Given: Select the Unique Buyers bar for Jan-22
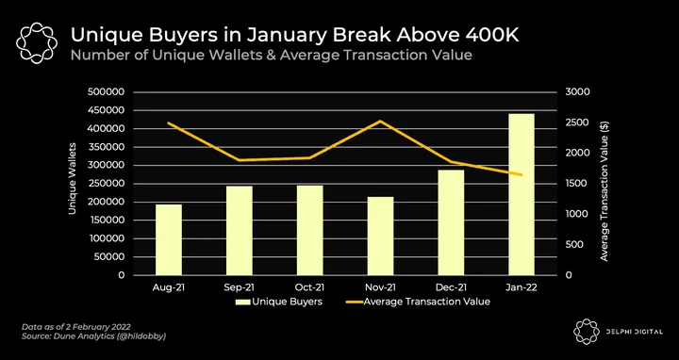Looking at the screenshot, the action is (522, 194).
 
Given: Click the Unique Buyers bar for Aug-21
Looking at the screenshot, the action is (169, 239).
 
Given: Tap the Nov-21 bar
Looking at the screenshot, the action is (381, 236).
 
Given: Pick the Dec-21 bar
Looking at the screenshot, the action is (451, 222).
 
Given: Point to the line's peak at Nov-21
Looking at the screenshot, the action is (380, 122).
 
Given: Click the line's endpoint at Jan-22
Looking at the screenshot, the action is (522, 174).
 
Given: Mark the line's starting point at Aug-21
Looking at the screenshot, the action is (169, 123).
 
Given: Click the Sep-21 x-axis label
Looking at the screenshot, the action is (239, 287).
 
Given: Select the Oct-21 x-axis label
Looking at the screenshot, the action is (309, 287).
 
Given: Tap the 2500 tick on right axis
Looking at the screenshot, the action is (576, 123).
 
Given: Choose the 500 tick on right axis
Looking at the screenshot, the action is (573, 245).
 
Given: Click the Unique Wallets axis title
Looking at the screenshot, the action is (73, 178).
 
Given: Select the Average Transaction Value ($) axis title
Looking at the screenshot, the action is (604, 191).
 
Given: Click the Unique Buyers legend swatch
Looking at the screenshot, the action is (243, 302).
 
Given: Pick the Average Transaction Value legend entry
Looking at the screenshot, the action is (419, 302).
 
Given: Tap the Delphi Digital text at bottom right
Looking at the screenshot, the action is (635, 332).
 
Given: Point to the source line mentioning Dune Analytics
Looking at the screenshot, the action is (94, 335).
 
